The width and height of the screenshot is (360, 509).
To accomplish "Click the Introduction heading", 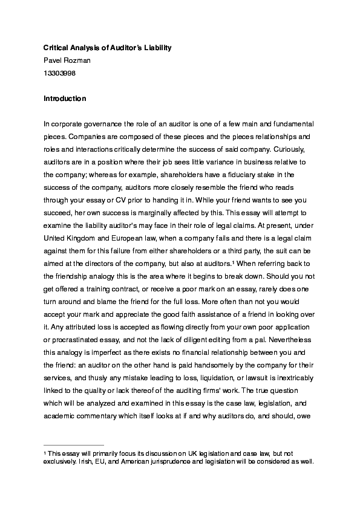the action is pyautogui.click(x=65, y=99).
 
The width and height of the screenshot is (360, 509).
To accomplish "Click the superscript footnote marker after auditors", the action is pyautogui.click(x=234, y=262).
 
